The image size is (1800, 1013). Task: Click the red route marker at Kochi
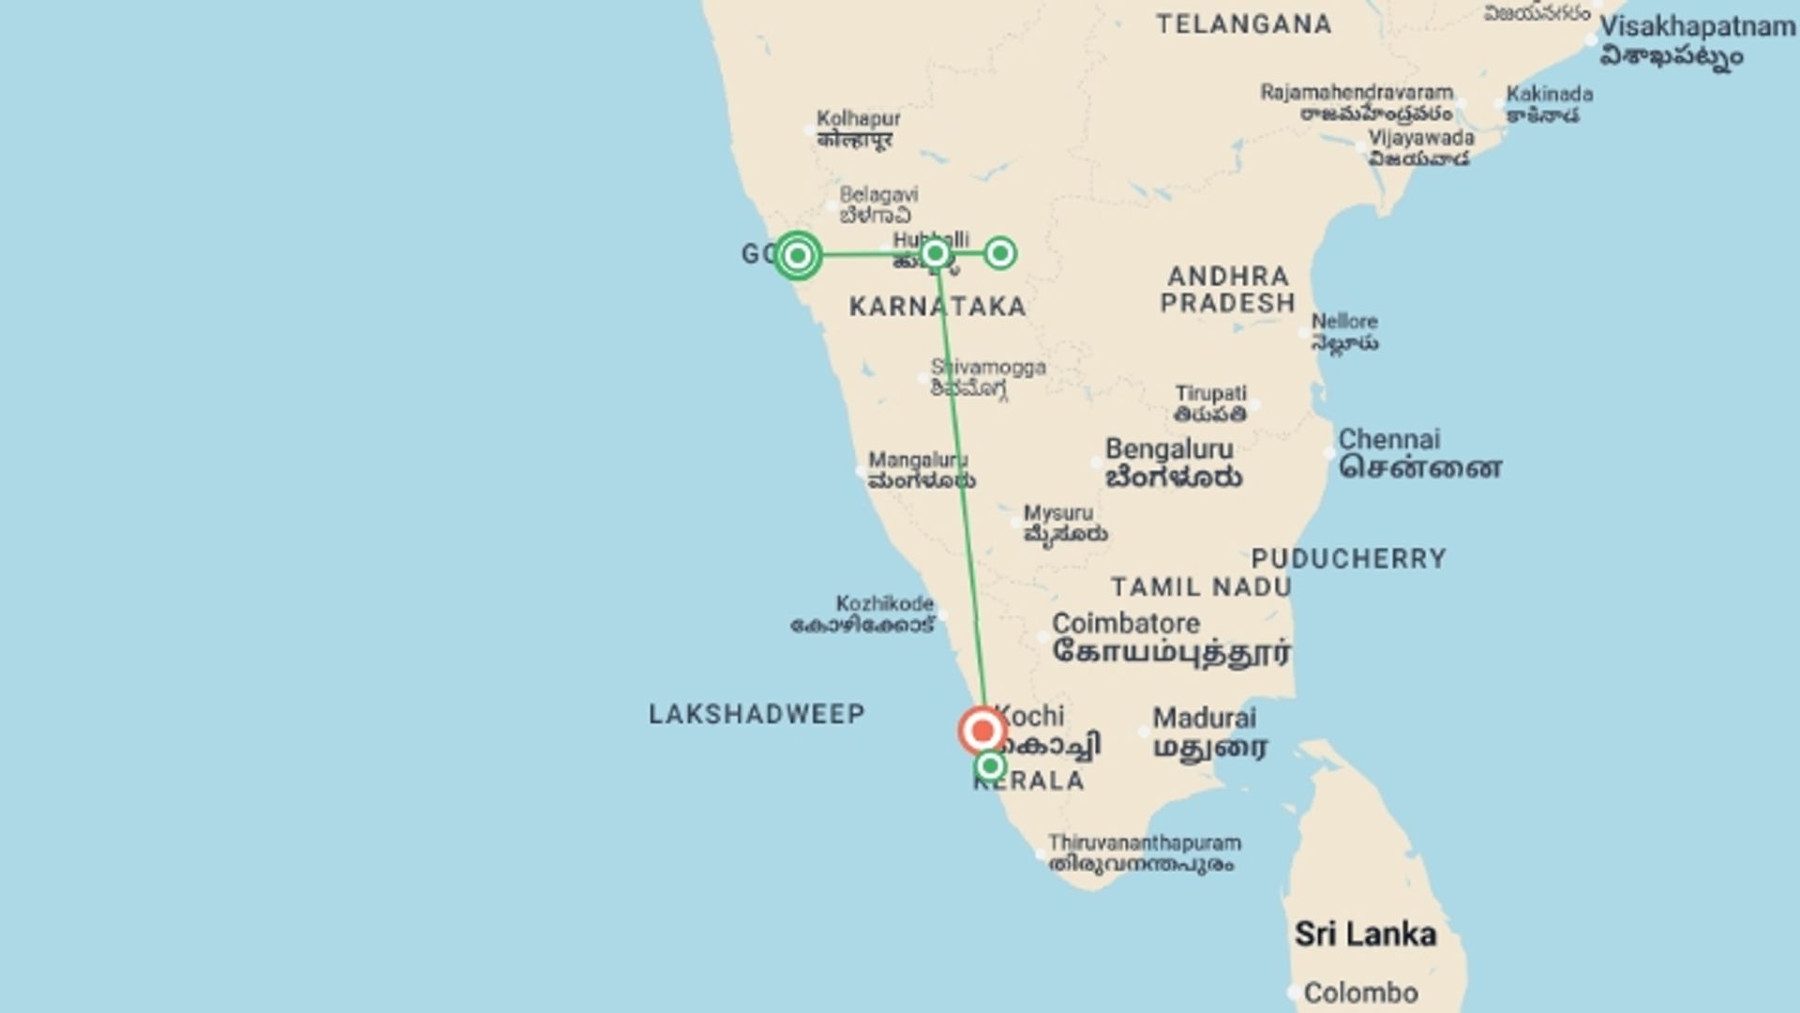pos(982,731)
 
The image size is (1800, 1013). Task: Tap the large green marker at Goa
pos(798,255)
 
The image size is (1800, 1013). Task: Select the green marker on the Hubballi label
pos(935,253)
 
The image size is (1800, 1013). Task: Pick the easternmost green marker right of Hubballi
pos(1000,253)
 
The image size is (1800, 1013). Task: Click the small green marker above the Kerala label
pos(990,767)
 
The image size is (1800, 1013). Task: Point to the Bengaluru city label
pos(1169,450)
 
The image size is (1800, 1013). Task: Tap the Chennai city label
pos(1389,440)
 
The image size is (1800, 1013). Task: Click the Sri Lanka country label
pos(1365,934)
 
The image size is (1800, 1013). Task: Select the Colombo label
pos(1360,992)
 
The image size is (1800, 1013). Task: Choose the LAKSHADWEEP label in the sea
pos(757,715)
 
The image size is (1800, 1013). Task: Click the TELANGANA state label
pos(1243,24)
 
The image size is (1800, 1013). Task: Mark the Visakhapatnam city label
pos(1697,27)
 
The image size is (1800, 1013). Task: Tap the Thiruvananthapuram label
pos(1144,843)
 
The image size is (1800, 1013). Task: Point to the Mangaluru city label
pos(918,461)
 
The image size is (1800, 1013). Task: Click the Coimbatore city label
pos(1126,624)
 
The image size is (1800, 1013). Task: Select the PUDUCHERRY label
pos(1349,559)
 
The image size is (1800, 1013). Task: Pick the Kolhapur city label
pos(858,119)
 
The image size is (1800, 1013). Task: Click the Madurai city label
pos(1204,718)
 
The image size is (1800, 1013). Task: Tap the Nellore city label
pos(1343,322)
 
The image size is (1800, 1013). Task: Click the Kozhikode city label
pos(884,604)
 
